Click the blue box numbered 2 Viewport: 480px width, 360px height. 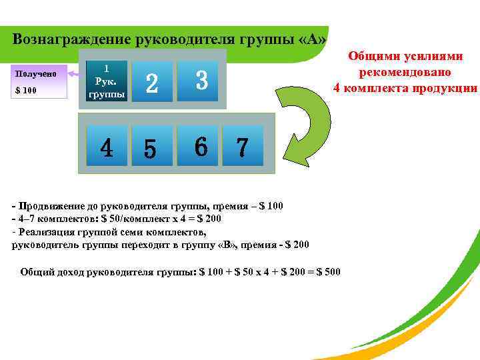point(152,82)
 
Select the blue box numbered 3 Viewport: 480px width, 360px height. point(202,82)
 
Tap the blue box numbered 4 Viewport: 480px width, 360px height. point(107,145)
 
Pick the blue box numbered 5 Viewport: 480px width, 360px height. point(151,145)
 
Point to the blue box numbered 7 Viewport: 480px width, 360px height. point(243,145)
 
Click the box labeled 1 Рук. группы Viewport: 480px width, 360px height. point(107,81)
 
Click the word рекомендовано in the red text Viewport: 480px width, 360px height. point(405,73)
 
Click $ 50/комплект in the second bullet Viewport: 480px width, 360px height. point(132,218)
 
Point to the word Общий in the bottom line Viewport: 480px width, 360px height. point(35,271)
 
